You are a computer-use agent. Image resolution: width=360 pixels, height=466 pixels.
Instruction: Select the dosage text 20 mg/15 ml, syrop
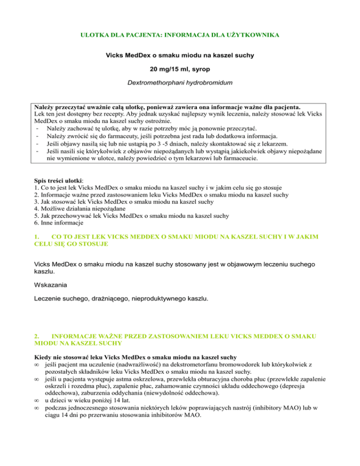pyautogui.click(x=180, y=70)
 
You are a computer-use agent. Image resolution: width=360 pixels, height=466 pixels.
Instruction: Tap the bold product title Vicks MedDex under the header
pyautogui.click(x=180, y=56)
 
